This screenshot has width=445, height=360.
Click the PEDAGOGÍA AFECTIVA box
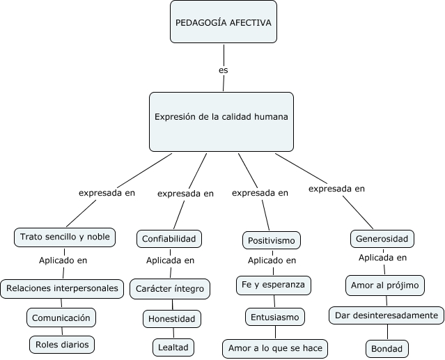pos(223,22)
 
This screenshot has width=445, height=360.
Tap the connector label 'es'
pos(223,70)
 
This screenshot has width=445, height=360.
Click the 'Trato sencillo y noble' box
pos(65,237)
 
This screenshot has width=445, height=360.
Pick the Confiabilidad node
pos(170,239)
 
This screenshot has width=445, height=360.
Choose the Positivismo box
pos(272,241)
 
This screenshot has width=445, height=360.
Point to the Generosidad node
pos(382,239)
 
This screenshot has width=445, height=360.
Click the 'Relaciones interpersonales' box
pos(62,288)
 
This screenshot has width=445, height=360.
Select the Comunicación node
pos(61,318)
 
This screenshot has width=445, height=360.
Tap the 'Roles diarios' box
pos(61,343)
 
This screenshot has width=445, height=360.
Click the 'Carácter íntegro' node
pos(170,288)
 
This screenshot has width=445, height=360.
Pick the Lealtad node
pos(173,346)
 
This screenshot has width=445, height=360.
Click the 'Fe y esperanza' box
pos(273,285)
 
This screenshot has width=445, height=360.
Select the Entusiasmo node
pos(274,317)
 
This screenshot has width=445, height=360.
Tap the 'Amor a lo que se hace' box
pos(274,347)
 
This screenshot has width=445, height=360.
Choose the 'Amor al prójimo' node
pos(385,285)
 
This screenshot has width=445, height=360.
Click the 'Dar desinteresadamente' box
pos(386,315)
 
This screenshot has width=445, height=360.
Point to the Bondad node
pos(387,347)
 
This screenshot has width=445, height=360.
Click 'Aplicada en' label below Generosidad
pos(382,258)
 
